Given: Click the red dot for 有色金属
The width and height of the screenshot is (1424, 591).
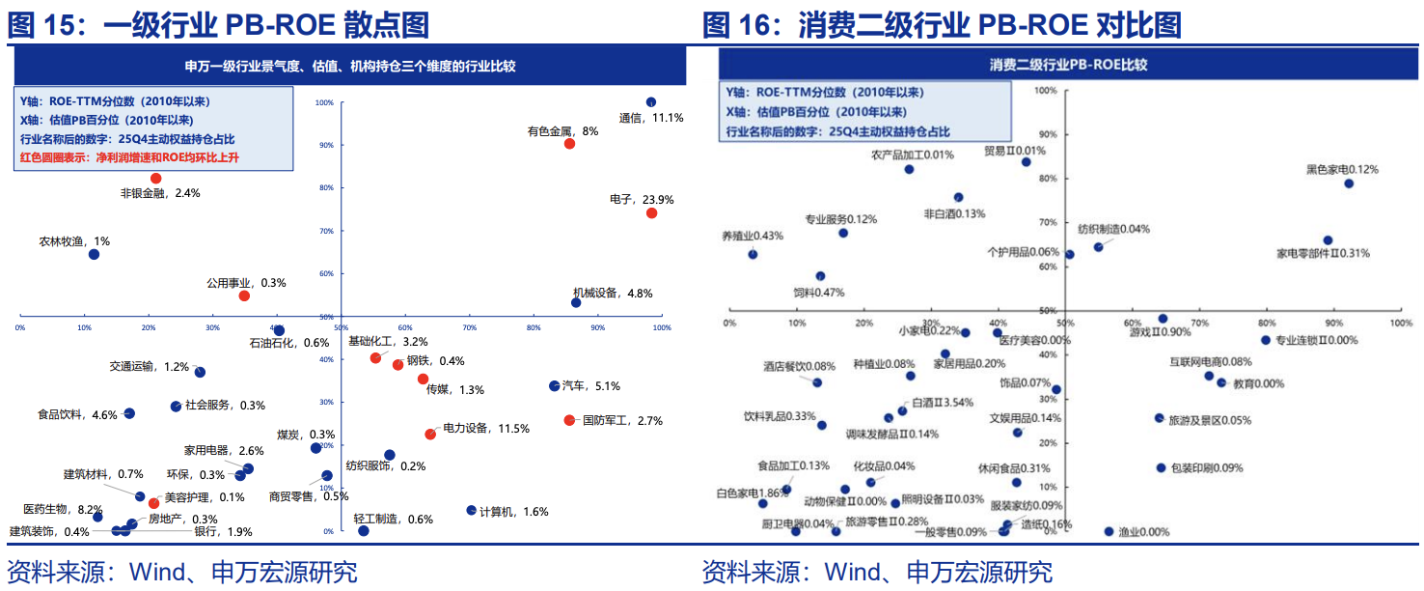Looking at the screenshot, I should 569,144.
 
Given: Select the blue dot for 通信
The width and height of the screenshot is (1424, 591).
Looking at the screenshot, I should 651,102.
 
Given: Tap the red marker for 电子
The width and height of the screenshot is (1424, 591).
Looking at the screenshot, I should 651,213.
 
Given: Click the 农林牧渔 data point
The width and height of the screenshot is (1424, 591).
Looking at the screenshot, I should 94,255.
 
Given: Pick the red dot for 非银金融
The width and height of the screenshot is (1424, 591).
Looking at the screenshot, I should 155,179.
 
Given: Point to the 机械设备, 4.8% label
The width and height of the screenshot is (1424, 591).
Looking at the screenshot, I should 613,294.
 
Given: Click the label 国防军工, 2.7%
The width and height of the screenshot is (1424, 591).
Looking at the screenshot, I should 623,421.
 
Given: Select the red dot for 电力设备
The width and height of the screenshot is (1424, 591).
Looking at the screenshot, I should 430,435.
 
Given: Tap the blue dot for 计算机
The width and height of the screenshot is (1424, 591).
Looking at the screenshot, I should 472,511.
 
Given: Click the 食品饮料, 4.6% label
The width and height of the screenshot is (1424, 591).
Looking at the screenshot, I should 77,415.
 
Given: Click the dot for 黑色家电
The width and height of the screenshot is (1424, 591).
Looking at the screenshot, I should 1349,183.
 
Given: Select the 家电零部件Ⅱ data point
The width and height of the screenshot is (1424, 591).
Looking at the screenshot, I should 1328,240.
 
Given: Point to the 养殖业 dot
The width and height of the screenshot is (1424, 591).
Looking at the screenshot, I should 753,255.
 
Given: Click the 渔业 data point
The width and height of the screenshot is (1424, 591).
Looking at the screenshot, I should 1109,532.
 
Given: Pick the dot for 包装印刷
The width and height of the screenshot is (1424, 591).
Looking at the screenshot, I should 1162,468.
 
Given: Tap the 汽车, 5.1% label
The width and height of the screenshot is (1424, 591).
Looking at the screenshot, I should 598,386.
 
